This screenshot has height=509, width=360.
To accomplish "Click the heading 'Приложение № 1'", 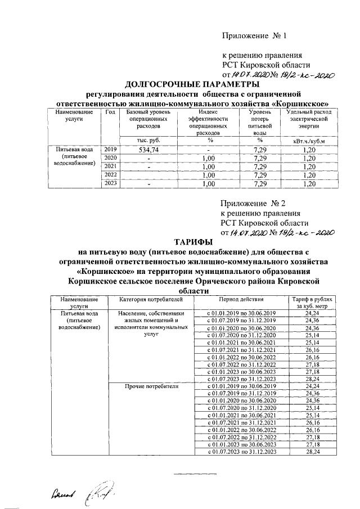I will [255, 37].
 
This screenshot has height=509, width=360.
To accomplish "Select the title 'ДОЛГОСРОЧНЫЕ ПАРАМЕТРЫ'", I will [179, 84].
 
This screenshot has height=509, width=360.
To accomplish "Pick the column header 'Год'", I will [110, 112].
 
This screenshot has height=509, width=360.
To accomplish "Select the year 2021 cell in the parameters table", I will [110, 167].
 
